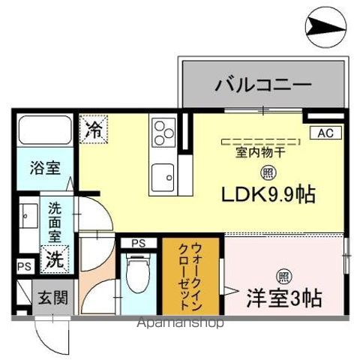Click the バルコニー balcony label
pyautogui.click(x=263, y=84)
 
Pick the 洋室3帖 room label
pyautogui.click(x=284, y=298)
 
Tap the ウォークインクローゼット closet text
pyautogui.click(x=192, y=276)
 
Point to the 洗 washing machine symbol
pyautogui.click(x=55, y=259)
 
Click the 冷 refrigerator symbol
pyautogui.click(x=94, y=128)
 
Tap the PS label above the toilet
pyautogui.click(x=138, y=242)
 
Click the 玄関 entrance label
pyautogui.click(x=52, y=298)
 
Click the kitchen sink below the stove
pyautogui.click(x=163, y=179)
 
